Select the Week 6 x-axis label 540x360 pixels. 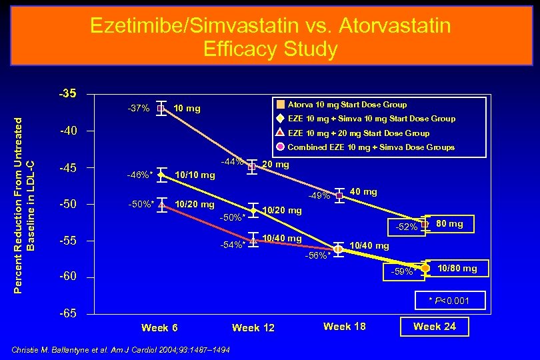point(159,327)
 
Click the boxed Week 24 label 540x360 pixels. point(435,326)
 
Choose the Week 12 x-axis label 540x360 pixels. point(253,327)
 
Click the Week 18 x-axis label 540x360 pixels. point(345,326)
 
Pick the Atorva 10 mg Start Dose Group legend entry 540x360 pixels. point(347,105)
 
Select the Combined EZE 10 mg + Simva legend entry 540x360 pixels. point(371,147)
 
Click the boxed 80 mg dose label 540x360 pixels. point(449,224)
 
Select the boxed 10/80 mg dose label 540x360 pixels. point(457,269)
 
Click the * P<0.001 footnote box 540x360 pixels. point(449,301)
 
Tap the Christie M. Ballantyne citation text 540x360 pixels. point(121,350)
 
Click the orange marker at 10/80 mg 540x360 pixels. point(425,268)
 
